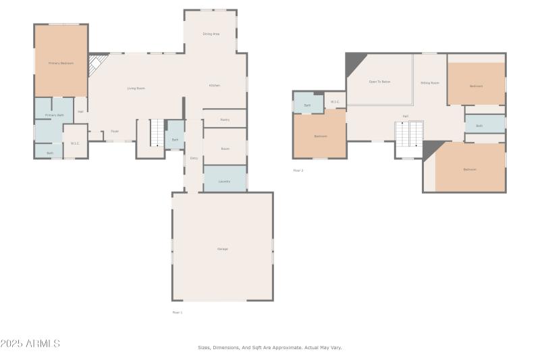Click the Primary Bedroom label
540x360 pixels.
click(61, 63)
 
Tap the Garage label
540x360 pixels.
click(222, 249)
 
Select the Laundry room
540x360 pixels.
click(225, 181)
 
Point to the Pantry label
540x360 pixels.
click(225, 120)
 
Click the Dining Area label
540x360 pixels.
click(211, 34)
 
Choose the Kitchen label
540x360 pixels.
click(214, 86)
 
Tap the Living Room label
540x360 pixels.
click(136, 88)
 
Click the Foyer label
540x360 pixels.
click(115, 131)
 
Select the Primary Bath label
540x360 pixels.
click(55, 115)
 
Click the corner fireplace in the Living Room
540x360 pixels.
click(99, 65)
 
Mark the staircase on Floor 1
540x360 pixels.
click(157, 132)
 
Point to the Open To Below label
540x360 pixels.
click(379, 82)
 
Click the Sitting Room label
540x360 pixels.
click(430, 83)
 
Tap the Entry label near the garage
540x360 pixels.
click(194, 158)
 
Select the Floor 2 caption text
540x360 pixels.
click(298, 170)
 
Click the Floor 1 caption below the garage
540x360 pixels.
click(178, 312)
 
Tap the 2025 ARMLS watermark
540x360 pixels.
click(30, 344)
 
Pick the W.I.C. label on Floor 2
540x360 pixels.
click(334, 103)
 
